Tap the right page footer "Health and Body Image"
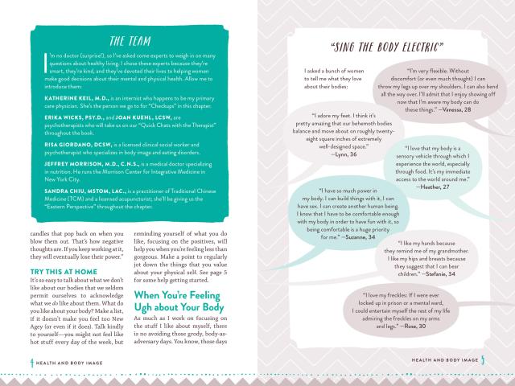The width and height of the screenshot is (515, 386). point(446,359)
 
